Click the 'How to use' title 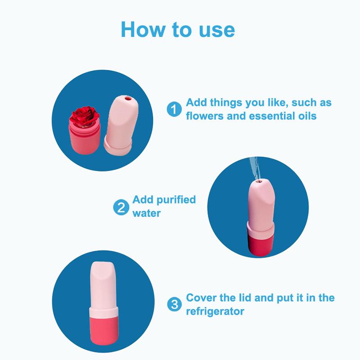coord(178,29)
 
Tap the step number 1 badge coord(174,109)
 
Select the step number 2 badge coord(121,207)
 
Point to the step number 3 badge coord(174,305)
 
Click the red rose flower coord(84,116)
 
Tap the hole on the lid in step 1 coord(128,99)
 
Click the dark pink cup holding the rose coord(84,139)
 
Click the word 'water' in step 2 coord(147,213)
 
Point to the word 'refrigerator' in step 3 coord(215,311)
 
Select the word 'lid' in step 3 coord(245,298)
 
